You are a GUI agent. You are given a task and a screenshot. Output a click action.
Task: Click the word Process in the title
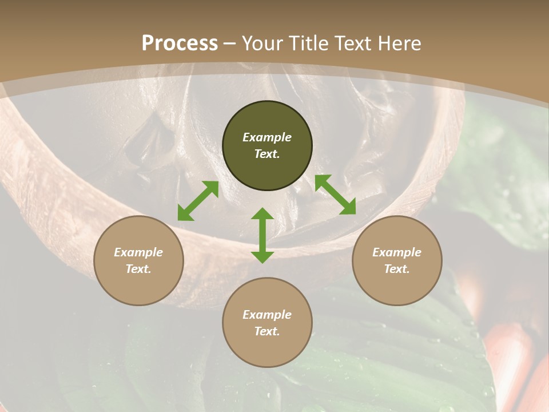point(180,43)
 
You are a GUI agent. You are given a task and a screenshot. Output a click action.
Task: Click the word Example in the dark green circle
point(267,137)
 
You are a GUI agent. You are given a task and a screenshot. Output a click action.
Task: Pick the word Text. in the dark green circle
point(267,154)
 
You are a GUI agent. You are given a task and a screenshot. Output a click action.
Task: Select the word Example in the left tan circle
point(138,252)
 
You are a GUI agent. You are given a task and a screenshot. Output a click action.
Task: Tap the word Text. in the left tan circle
point(138,269)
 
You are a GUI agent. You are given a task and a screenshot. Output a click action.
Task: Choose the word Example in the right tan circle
point(397,252)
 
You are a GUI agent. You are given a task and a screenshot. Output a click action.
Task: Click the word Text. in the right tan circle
point(397,269)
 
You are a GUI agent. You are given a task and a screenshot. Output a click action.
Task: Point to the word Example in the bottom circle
point(267,315)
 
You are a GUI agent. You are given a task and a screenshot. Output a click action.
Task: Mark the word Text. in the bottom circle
point(267,331)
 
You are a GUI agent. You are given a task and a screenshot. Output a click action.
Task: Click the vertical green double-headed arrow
point(262,235)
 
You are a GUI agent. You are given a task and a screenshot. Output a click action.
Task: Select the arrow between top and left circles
point(198,201)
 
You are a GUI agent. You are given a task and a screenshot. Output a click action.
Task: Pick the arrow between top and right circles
point(335,195)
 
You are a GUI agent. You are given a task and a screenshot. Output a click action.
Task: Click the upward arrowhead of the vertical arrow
point(262,214)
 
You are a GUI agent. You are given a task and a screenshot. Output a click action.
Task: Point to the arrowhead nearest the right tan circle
point(348,208)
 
